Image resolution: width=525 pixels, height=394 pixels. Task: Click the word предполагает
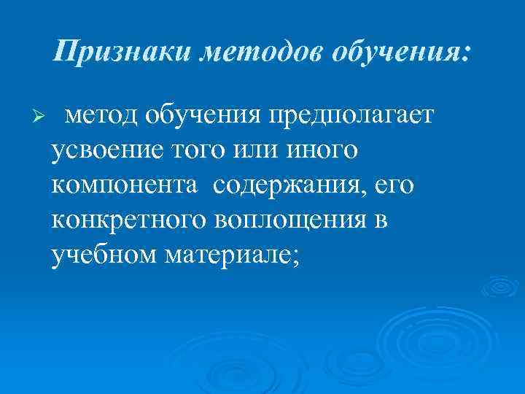(351, 114)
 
